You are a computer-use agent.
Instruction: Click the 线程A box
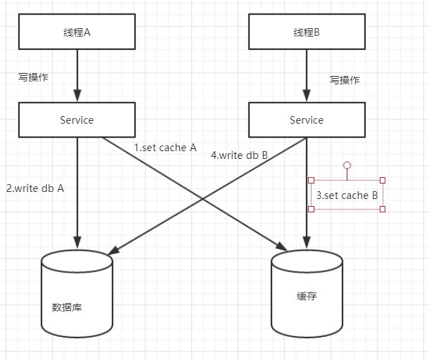pos(77,32)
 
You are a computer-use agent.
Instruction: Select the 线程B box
pos(307,32)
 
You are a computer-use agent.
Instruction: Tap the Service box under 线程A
pos(77,120)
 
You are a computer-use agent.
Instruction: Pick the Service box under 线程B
pos(307,120)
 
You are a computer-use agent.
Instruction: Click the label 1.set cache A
pos(165,148)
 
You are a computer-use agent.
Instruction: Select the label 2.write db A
pos(35,188)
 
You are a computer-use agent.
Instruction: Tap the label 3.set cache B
pos(347,195)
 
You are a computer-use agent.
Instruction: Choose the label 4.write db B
pos(239,155)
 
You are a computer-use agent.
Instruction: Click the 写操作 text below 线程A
pos(33,77)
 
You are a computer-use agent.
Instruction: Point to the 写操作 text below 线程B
pos(345,80)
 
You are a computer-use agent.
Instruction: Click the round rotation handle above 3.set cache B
pos(347,165)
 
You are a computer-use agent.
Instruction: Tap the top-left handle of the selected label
pos(312,180)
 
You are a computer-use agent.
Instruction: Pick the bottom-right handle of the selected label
pos(383,209)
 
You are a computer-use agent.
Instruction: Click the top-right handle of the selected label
pos(383,180)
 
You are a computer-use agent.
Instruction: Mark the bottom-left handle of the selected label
pos(312,209)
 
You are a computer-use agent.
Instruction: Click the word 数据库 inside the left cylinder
pos(67,307)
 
